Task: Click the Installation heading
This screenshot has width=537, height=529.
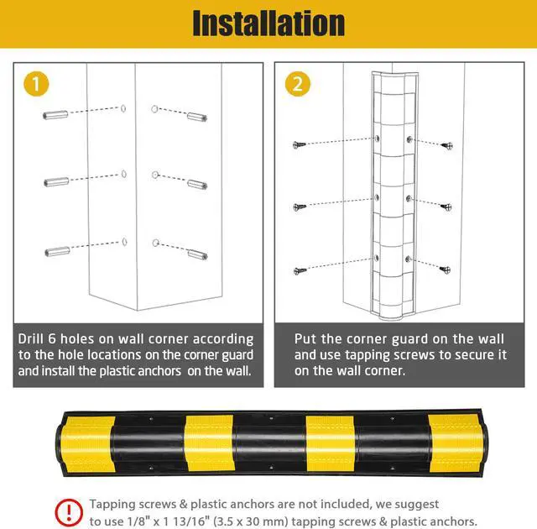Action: [x=268, y=23]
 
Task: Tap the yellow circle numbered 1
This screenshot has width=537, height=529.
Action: [x=36, y=83]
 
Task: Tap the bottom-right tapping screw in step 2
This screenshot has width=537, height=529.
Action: [x=446, y=269]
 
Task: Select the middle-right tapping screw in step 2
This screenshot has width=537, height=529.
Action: [x=446, y=207]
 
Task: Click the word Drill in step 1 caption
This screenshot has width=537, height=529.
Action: [x=34, y=339]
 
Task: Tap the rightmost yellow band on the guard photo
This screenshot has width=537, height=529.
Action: [x=453, y=443]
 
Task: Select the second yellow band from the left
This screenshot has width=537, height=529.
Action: [x=207, y=443]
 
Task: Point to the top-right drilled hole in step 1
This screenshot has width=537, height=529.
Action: [x=155, y=108]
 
